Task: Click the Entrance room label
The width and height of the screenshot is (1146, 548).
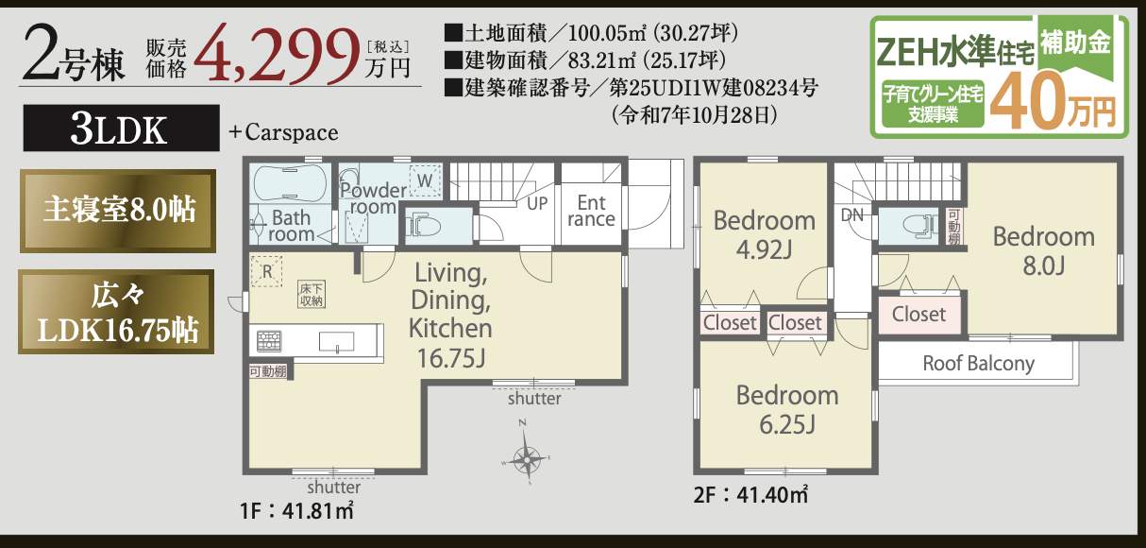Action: point(591,212)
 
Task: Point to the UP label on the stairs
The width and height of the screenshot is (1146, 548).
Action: point(537,203)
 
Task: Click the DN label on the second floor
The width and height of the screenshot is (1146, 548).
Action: point(851,214)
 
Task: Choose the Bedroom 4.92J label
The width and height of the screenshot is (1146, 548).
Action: point(764,235)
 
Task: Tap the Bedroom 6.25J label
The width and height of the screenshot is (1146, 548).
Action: point(786,409)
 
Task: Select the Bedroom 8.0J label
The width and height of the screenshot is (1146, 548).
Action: point(1043,250)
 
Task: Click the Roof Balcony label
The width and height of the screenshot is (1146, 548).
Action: point(978,363)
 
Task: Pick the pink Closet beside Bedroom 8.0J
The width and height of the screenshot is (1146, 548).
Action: point(918,315)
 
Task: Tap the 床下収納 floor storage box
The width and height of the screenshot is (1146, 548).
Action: point(312,294)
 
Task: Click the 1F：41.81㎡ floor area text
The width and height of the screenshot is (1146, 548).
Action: point(296,513)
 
